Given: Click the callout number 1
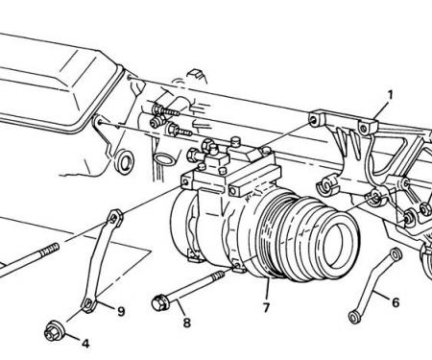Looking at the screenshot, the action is coord(390,95).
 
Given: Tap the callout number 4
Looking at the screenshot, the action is coord(85,344).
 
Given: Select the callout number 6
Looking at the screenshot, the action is coord(396,302).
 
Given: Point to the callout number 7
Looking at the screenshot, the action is coord(266,307).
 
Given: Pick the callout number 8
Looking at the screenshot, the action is coord(187,323).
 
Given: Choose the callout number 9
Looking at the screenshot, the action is coord(121,311).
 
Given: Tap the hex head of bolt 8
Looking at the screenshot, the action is coord(159,302).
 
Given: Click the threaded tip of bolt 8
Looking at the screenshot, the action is coord(219,276).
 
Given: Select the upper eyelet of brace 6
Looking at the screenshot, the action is coord(396,253).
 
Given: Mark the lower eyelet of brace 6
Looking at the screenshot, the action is coord(354,318).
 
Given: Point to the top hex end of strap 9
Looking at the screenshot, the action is coord(114,218).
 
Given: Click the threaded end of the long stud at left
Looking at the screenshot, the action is coord(50,249).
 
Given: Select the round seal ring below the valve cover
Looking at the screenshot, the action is coord(124,161).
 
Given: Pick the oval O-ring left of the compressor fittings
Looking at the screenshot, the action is coord(164,159).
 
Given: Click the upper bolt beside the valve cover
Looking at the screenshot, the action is coord(165,110).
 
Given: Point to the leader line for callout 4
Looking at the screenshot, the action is coord(71,338).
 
